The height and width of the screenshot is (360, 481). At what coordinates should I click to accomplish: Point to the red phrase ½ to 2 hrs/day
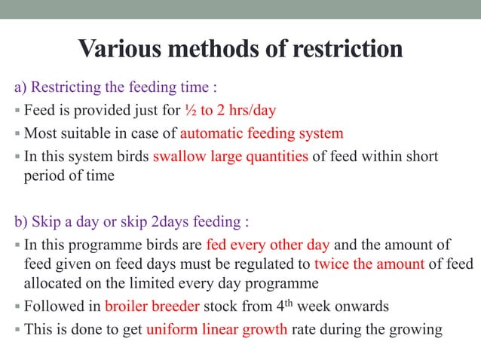230,111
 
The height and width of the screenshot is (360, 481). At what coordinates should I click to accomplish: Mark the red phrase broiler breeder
149,307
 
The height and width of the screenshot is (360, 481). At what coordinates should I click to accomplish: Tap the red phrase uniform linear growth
216,329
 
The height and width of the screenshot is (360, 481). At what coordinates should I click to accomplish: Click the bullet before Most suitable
18,135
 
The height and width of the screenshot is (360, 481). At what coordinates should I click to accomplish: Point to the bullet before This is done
18,330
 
